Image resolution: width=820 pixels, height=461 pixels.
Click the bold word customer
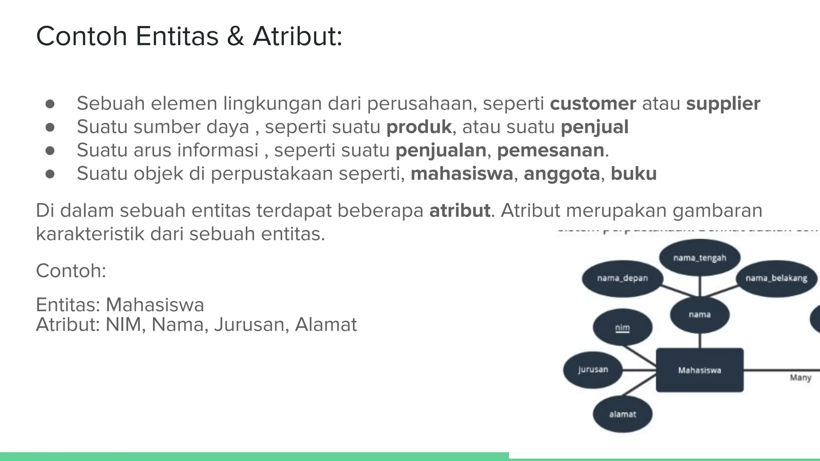[593, 104]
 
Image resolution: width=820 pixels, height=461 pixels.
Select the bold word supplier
[723, 104]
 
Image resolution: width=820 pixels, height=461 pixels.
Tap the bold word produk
[419, 127]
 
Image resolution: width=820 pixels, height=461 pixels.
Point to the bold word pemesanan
[551, 150]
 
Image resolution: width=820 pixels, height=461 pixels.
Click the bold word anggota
[561, 174]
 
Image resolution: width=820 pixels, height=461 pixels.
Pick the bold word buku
[633, 174]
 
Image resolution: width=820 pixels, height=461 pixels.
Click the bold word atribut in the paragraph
[460, 211]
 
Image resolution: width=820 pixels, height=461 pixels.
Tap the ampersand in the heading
[235, 36]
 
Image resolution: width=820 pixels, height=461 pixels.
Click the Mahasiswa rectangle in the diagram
[699, 370]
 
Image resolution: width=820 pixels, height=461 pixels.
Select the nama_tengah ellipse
[699, 258]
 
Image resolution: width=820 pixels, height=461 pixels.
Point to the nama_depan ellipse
[622, 278]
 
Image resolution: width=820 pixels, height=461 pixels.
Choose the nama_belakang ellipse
[776, 278]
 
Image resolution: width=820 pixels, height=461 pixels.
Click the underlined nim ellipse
[622, 328]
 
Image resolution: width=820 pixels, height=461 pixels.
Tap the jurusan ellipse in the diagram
[593, 369]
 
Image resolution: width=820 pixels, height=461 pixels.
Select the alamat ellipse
[622, 414]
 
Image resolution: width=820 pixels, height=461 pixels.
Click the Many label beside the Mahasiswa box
[800, 378]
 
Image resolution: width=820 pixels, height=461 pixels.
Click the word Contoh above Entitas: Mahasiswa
[70, 271]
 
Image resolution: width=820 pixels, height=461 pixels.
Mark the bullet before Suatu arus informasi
[50, 151]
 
